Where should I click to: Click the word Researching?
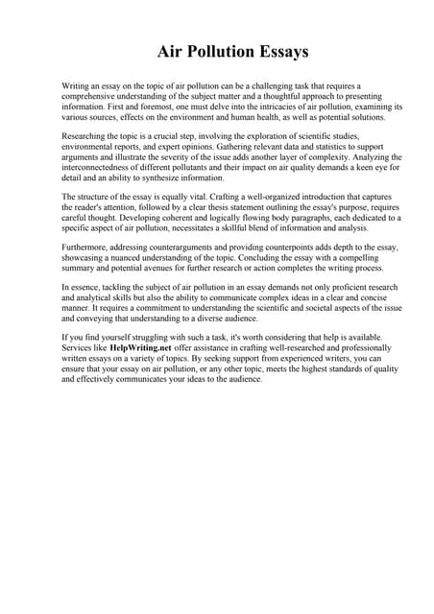(x=87, y=139)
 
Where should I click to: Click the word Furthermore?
(x=89, y=249)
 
